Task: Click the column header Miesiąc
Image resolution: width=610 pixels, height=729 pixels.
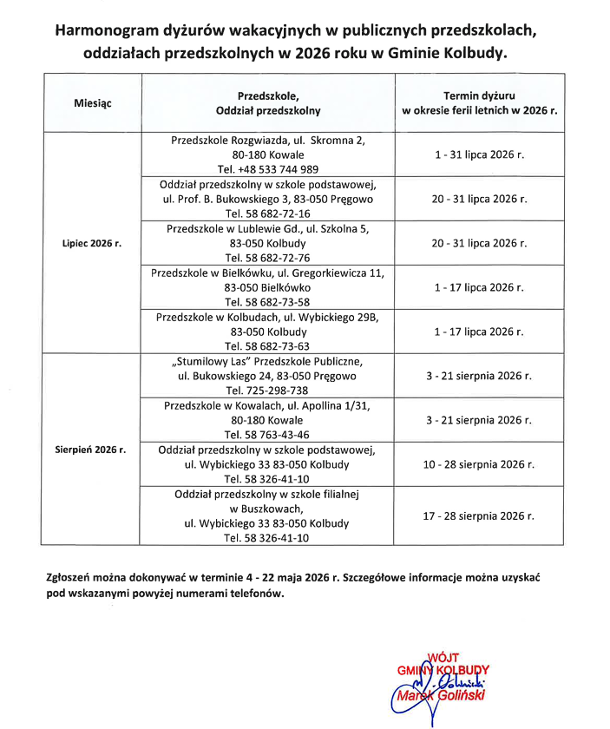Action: coord(93,103)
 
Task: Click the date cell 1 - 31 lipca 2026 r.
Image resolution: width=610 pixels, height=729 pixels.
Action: coord(480,154)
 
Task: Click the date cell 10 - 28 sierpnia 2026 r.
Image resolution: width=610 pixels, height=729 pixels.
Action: coord(480,464)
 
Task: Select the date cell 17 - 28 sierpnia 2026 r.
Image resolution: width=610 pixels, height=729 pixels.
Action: coord(480,516)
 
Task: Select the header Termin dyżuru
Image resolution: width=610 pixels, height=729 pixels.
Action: coord(480,95)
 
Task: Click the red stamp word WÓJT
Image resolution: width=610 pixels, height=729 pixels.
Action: coord(444,658)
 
